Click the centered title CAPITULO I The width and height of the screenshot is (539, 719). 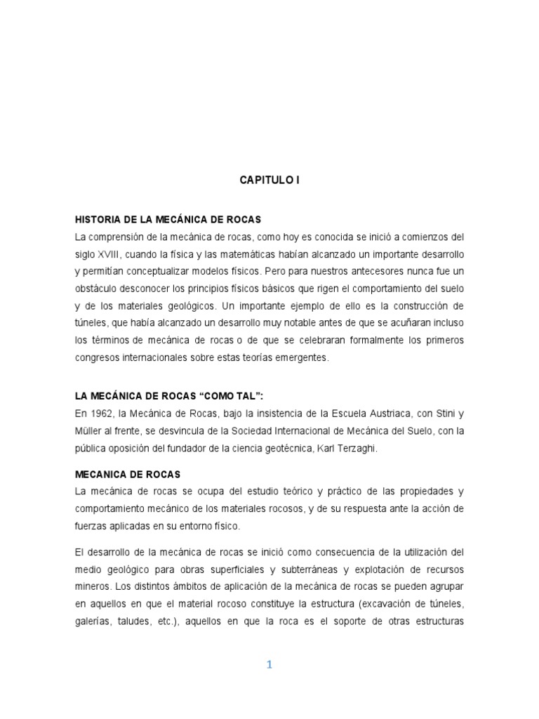point(269,180)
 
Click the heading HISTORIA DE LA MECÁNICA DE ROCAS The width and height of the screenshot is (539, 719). point(168,220)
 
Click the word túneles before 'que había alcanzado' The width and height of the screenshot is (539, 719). point(91,323)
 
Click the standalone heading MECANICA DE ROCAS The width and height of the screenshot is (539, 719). point(128,475)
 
